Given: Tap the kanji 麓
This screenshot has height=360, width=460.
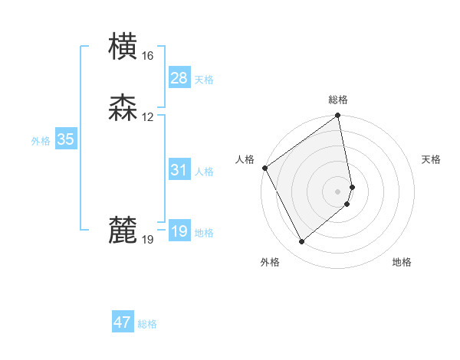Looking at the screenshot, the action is pos(123,231).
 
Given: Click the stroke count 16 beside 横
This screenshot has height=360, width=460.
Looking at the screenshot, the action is pos(147,56).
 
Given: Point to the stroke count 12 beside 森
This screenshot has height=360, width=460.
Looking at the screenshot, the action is pos(147,117).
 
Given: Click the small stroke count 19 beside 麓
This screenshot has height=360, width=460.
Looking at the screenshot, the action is pos(147,240).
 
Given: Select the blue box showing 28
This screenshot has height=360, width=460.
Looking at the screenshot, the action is pos(179,77).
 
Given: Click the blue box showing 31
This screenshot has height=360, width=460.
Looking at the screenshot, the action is pos(179,170).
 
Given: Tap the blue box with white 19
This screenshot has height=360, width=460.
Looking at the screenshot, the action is pos(179,231).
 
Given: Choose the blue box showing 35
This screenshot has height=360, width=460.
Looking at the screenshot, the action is pos(65,139).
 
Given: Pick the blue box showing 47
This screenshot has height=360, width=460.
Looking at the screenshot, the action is pos(123,322).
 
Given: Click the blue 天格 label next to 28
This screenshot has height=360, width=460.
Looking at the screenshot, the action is pos(204,80).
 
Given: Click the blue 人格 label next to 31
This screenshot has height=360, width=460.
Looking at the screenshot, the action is pos(204,172).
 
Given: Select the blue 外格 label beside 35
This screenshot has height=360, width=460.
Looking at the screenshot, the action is pos(41,141).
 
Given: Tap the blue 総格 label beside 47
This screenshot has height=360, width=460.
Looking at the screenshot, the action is pos(147,325).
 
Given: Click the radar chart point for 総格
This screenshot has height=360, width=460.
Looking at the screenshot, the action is pos(338,116).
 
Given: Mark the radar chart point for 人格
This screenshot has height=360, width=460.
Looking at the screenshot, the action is pos(264,168).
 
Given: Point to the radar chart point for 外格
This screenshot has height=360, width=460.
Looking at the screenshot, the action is pos(301,242).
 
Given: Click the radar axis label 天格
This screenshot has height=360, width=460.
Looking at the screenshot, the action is pos(432,159).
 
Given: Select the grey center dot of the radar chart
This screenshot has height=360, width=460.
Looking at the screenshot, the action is pos(338,191).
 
